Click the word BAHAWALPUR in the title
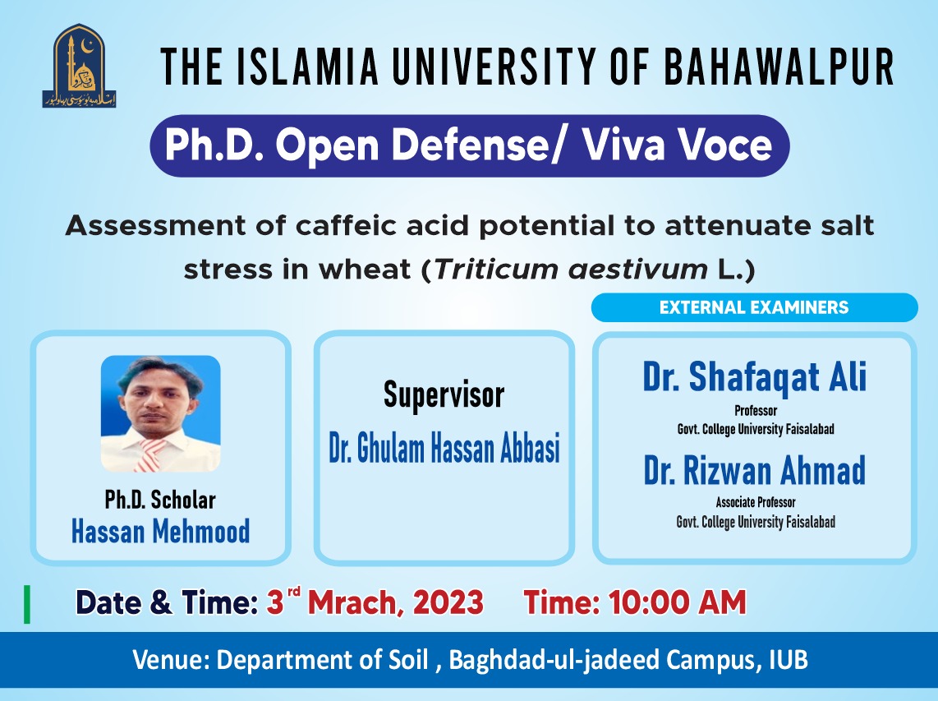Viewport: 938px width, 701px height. pyautogui.click(x=779, y=67)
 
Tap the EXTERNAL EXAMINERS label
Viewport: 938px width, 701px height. pyautogui.click(x=753, y=307)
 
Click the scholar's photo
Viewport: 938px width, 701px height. pyautogui.click(x=160, y=413)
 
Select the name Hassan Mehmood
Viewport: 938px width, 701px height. pyautogui.click(x=160, y=532)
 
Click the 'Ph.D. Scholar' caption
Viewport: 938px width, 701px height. pyautogui.click(x=160, y=500)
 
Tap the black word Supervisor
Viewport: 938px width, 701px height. pyautogui.click(x=444, y=395)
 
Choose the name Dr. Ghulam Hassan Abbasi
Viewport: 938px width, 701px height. pyautogui.click(x=444, y=450)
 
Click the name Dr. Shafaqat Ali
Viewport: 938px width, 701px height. pyautogui.click(x=754, y=377)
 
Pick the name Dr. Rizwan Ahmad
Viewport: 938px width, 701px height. pyautogui.click(x=754, y=471)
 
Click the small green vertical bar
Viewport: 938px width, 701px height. pyautogui.click(x=28, y=604)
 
